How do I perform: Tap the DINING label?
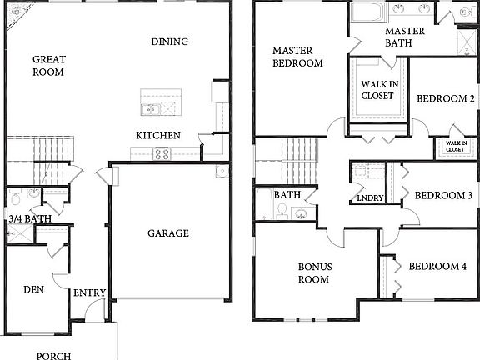[x=170, y=42]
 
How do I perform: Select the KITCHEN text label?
[x=158, y=135]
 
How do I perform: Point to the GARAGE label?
[x=167, y=233]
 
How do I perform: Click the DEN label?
[x=33, y=290]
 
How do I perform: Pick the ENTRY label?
[x=89, y=292]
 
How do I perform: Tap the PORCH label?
[x=53, y=355]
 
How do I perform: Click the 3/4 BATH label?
[x=25, y=219]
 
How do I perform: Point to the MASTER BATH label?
[x=405, y=37]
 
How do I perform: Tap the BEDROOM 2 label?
[x=446, y=98]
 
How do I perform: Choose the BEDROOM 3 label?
[x=443, y=196]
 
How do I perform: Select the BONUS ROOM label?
[x=315, y=272]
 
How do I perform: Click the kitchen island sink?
[x=152, y=107]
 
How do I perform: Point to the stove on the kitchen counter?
[x=161, y=153]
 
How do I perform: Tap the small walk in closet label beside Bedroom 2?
[x=454, y=146]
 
